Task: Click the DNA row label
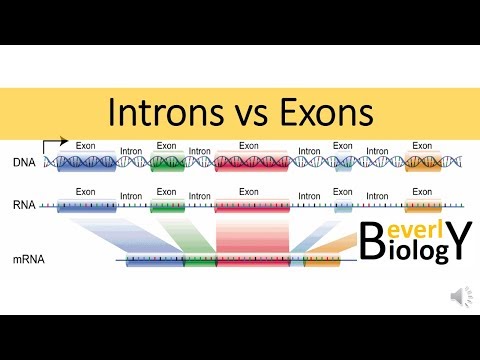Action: click(25, 162)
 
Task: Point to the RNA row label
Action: click(25, 206)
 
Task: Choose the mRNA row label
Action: click(29, 261)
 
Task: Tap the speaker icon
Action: click(459, 295)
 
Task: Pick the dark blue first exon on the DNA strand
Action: click(85, 162)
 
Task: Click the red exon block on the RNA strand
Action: click(251, 206)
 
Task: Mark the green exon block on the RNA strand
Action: click(167, 206)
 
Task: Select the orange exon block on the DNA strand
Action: click(422, 162)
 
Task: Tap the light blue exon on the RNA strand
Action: click(343, 206)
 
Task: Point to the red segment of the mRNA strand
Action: click(253, 263)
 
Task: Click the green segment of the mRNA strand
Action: click(200, 263)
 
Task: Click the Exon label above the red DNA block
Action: click(252, 146)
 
